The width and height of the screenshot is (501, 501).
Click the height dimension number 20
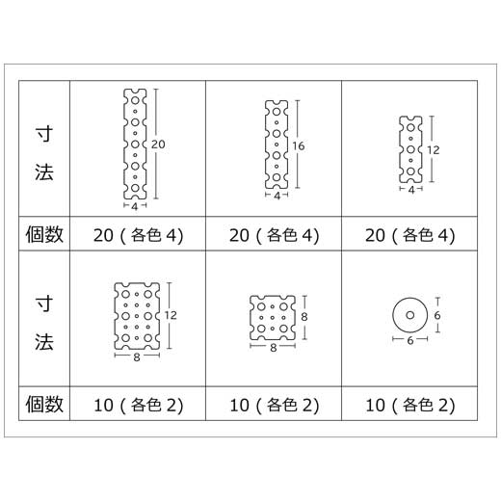coord(158,145)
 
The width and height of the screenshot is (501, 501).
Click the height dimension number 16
coord(299,146)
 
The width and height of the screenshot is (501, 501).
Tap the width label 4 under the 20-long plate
coord(135,207)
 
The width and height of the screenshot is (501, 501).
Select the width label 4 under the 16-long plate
coord(277,196)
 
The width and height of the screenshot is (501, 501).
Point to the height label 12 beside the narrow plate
coord(433,150)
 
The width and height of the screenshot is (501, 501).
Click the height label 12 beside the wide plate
coord(171,315)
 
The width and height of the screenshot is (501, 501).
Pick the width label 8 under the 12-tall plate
coord(137,357)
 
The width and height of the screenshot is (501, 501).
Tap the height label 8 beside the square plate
coord(304,317)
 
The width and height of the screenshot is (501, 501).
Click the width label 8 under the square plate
coord(273,348)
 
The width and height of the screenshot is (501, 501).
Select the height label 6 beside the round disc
coord(437,316)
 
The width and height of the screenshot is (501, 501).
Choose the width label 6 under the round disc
coord(410,341)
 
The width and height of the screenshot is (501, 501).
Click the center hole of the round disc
coord(410,315)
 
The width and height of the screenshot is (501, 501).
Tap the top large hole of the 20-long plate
coord(135,100)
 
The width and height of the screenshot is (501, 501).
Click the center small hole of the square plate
coord(273,318)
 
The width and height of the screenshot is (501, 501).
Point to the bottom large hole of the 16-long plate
coord(277,177)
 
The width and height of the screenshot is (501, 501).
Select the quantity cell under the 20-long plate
coord(138,235)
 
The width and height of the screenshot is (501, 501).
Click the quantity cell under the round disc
coord(409,405)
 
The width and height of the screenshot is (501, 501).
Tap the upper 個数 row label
coord(44,234)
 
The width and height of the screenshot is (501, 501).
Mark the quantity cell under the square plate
coord(274,405)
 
